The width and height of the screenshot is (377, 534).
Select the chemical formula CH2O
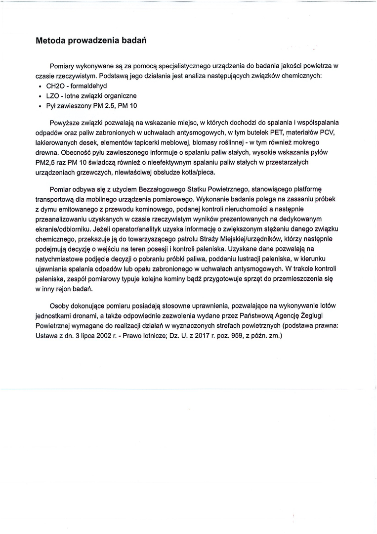55,86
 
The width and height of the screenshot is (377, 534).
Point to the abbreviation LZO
53,95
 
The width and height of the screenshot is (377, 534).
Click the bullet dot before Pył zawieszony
40,105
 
